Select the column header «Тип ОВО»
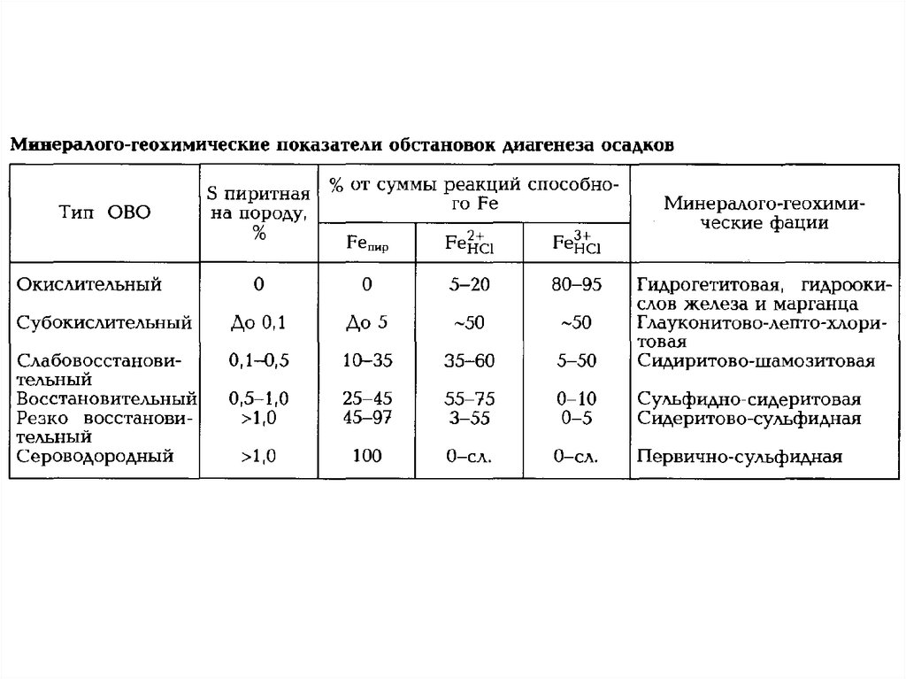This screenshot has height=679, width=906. [x=104, y=212]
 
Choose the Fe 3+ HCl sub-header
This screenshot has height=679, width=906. [x=575, y=243]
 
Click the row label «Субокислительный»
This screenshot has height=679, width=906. [x=104, y=322]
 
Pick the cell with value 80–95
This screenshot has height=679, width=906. [x=575, y=285]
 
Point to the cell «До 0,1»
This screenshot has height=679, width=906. [x=258, y=322]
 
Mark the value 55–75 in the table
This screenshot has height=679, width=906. [x=469, y=399]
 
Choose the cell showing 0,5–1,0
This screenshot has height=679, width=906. [x=258, y=399]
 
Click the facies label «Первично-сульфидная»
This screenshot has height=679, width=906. [x=738, y=458]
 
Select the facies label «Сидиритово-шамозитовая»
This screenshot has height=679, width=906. [x=756, y=361]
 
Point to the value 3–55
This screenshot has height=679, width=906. [x=469, y=418]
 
